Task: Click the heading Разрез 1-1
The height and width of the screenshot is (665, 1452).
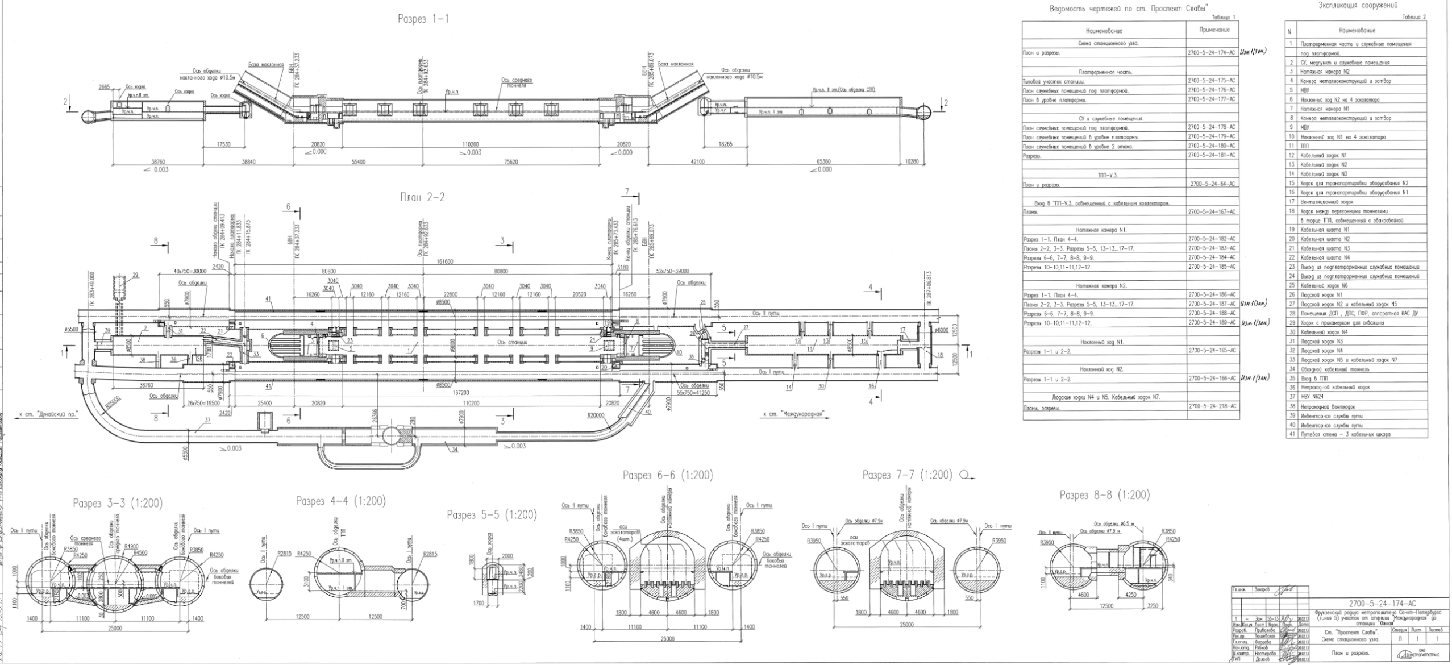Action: (x=423, y=19)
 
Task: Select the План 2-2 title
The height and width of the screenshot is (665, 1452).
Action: (x=423, y=197)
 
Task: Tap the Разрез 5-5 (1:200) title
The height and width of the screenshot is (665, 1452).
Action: (x=492, y=515)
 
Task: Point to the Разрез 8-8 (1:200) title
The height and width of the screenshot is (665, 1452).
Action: (x=1104, y=495)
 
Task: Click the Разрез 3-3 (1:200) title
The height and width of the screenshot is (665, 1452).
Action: (x=118, y=503)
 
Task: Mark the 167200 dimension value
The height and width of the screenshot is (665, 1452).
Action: (x=461, y=392)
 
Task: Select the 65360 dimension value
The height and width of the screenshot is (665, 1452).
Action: (x=823, y=162)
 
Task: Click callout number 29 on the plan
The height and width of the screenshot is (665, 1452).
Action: (x=135, y=275)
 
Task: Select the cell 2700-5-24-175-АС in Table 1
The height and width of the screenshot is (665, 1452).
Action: (x=1211, y=81)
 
